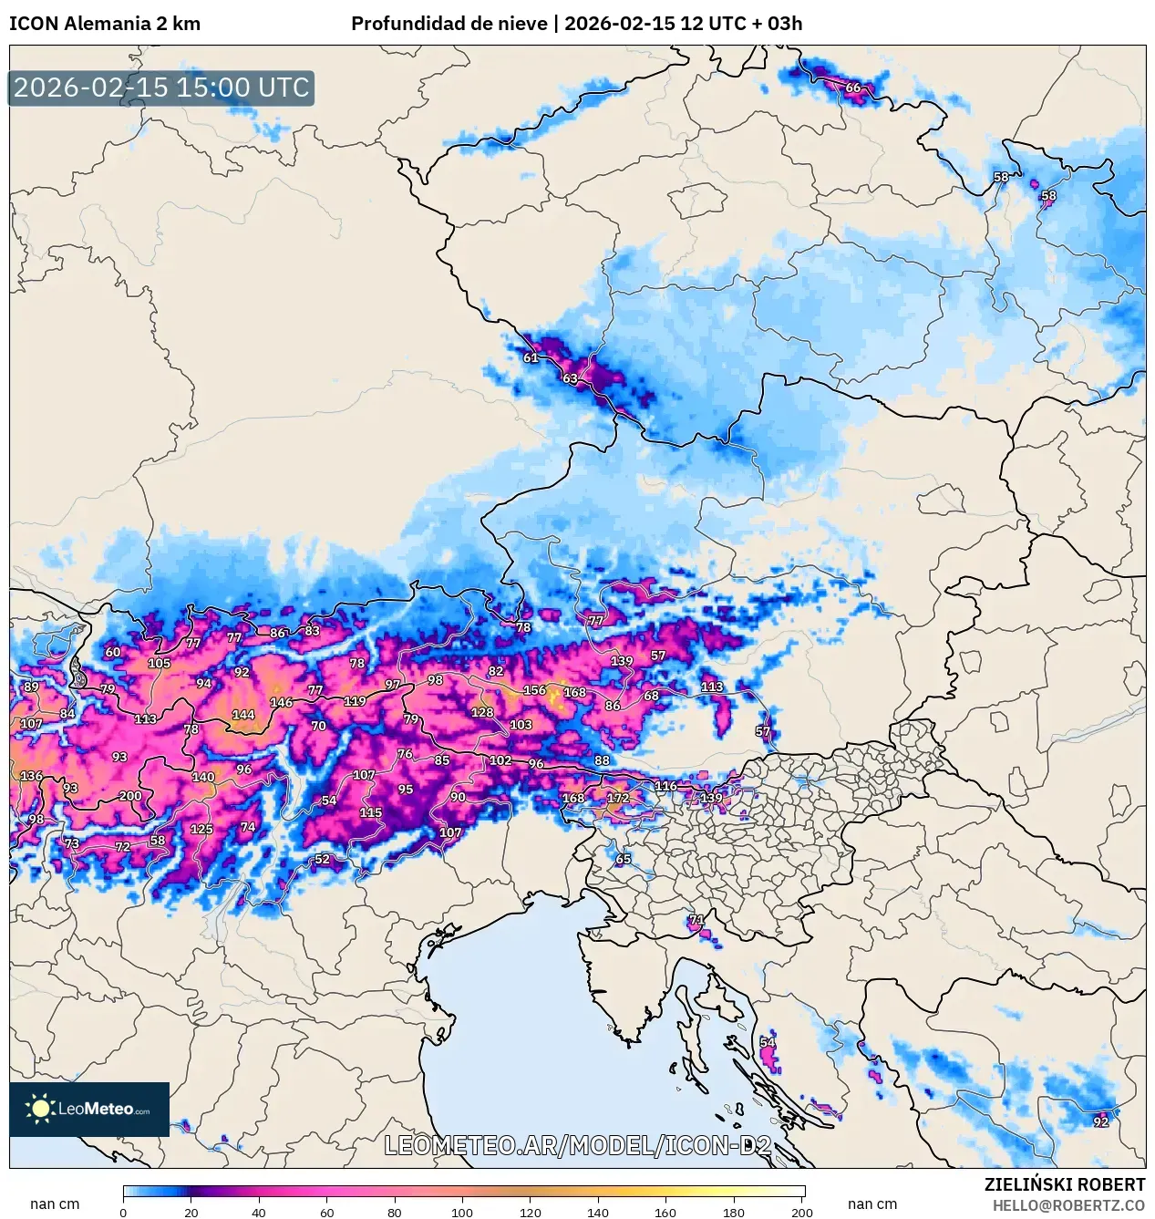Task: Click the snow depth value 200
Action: (130, 796)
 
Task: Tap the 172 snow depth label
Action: (618, 798)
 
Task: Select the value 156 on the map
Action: (534, 690)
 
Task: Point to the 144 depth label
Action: (243, 715)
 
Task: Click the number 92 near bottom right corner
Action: (1101, 1121)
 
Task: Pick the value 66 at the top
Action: (853, 88)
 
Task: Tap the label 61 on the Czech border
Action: (531, 357)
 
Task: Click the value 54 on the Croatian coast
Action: (768, 1042)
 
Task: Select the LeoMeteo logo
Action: (89, 1109)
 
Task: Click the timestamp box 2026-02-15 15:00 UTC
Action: (161, 88)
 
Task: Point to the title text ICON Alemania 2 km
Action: (105, 24)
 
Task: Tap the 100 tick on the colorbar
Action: (462, 1213)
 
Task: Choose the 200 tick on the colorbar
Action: (802, 1213)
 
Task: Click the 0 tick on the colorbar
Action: (124, 1213)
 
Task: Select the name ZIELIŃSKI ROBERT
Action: (1065, 1184)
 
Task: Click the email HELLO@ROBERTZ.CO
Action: (1068, 1205)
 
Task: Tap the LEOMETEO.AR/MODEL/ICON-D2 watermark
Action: (578, 1146)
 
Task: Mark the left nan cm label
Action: (55, 1204)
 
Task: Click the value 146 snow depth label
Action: (282, 702)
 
